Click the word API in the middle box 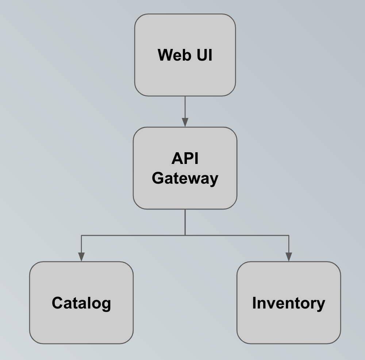(x=185, y=159)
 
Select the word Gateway (x=185, y=179)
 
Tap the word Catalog (x=81, y=303)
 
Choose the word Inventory (x=289, y=303)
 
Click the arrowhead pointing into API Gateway (x=185, y=123)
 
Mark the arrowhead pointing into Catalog (x=81, y=257)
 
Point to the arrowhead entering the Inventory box (x=289, y=257)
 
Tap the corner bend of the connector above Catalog (x=81, y=235)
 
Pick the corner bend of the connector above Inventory (x=289, y=235)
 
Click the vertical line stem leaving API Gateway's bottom (x=185, y=222)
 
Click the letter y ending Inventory (x=320, y=305)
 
